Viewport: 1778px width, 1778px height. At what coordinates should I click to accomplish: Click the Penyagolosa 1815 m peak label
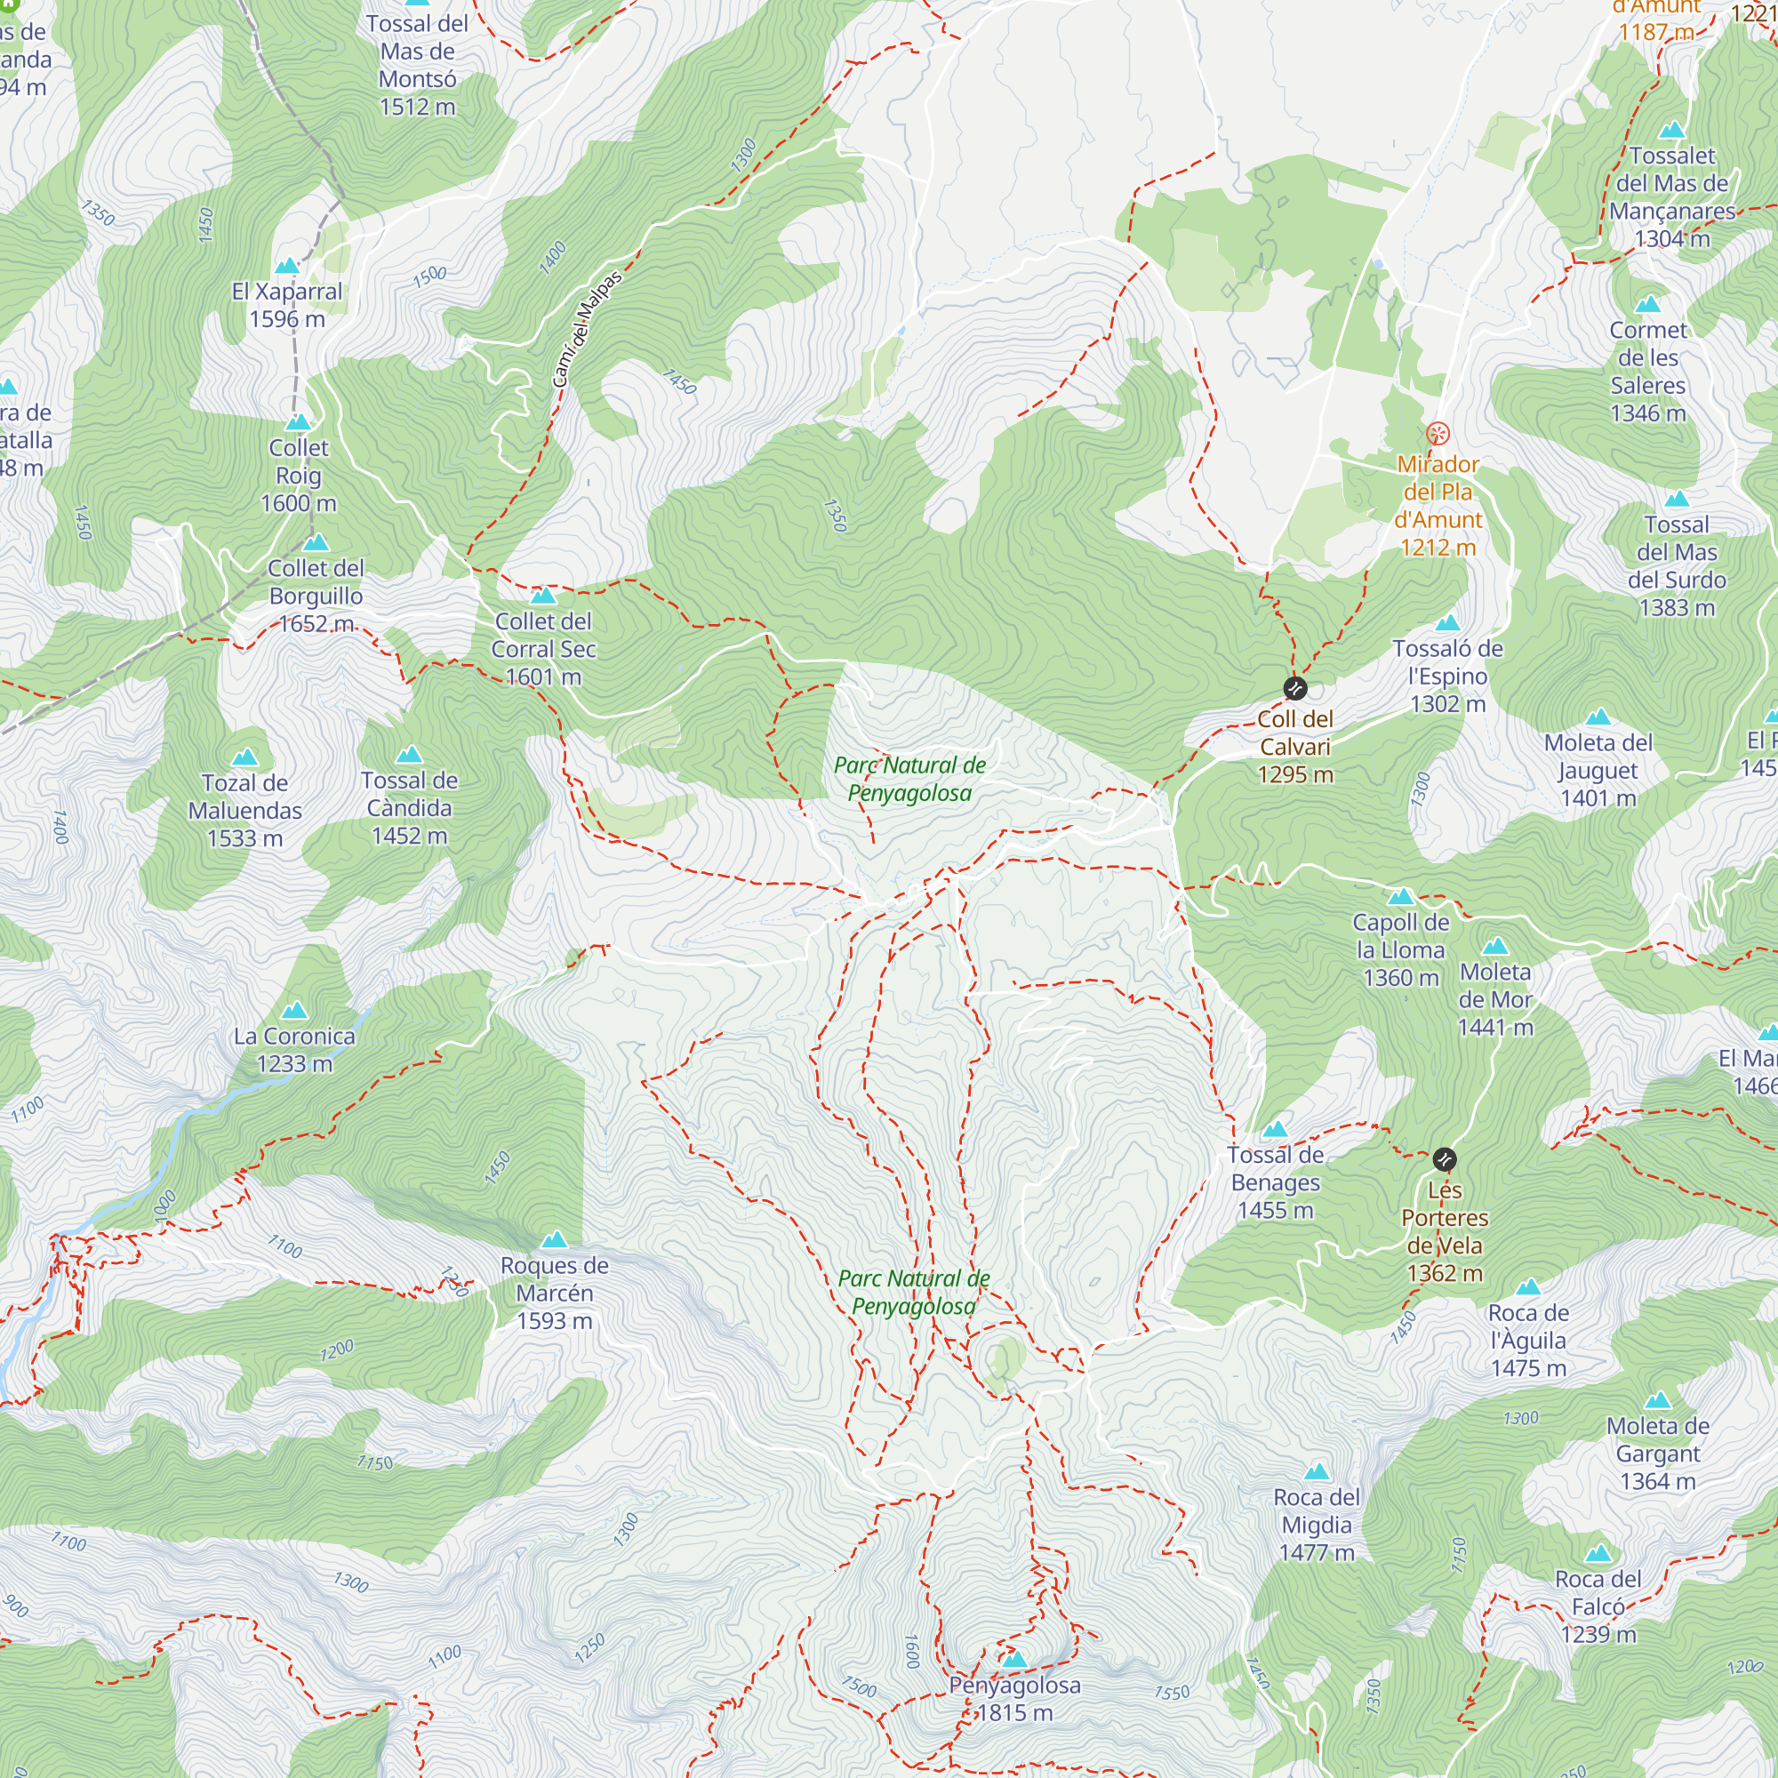coord(1014,1699)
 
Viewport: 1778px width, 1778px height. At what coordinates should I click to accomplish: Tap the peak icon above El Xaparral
coord(287,266)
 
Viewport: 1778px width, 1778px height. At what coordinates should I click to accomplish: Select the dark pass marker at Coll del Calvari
coord(1295,688)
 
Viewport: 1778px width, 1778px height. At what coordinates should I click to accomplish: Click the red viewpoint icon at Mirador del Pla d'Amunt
coord(1438,434)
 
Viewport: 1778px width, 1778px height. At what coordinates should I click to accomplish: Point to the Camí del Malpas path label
coord(587,330)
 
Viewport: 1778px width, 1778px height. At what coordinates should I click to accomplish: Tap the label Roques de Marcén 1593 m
coord(554,1293)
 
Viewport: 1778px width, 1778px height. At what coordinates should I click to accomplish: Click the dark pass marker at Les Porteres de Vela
coord(1445,1159)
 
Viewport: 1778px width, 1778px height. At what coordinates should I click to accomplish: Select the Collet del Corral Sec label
coord(543,649)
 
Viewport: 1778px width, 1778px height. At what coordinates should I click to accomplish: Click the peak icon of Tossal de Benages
coord(1275,1129)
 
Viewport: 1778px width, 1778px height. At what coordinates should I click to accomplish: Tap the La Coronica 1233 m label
coord(294,1049)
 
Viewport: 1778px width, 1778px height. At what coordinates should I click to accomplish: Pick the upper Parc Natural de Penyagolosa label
coord(909,779)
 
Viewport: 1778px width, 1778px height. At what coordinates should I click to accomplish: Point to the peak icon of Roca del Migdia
coord(1317,1471)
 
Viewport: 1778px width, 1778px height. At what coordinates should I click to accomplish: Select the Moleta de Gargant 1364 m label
coord(1657,1454)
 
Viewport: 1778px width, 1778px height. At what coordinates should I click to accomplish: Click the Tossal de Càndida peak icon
coord(409,756)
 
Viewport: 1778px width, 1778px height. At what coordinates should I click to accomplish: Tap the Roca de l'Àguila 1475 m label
coord(1527,1340)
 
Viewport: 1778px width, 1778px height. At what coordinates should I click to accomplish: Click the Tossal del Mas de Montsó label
coord(417,64)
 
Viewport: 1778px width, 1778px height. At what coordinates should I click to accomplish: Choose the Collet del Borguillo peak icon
coord(316,542)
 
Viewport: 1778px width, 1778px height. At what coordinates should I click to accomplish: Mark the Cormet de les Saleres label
coord(1647,371)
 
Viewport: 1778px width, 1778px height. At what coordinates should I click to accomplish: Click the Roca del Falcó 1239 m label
coord(1598,1606)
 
